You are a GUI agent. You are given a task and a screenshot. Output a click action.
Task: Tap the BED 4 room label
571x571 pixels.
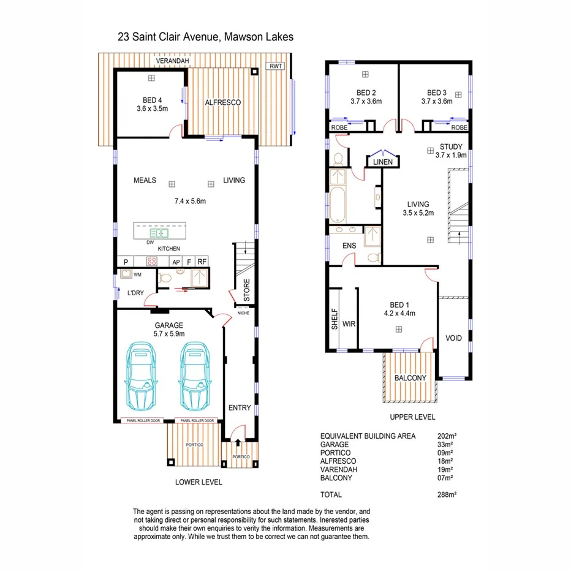(x=153, y=100)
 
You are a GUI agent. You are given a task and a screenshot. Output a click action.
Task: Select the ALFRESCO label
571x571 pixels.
(x=222, y=102)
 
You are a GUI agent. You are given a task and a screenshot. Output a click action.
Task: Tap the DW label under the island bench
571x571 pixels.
(x=149, y=243)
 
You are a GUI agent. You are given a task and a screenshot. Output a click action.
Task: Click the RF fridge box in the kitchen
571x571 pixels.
(x=202, y=262)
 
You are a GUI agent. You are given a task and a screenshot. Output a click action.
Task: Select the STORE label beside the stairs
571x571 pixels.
(x=247, y=290)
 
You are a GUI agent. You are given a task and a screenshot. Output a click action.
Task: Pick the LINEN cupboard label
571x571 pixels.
(x=383, y=162)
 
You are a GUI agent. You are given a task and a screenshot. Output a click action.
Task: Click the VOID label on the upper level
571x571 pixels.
(x=454, y=338)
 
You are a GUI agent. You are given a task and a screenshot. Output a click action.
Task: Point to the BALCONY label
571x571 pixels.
(x=410, y=378)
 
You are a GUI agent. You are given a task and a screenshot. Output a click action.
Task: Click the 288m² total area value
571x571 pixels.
(x=448, y=494)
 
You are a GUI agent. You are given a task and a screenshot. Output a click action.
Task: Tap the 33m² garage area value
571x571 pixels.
(x=447, y=444)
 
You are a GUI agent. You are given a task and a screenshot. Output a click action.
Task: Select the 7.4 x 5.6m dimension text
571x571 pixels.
(x=189, y=201)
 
